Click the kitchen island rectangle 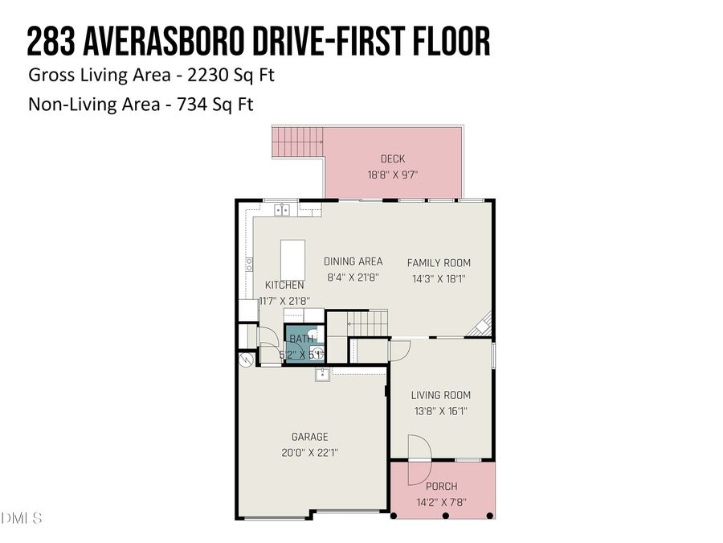point(292,260)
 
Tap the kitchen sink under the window point(283,211)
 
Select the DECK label point(393,159)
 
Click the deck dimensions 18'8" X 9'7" point(393,174)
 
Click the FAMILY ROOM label point(439,263)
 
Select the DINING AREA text point(353,261)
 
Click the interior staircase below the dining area point(368,324)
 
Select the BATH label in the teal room point(301,339)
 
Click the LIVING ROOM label point(440,395)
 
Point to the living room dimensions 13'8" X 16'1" point(440,410)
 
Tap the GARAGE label point(309,438)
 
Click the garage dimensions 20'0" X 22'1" point(309,452)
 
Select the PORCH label point(442,487)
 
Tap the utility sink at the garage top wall point(322,373)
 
